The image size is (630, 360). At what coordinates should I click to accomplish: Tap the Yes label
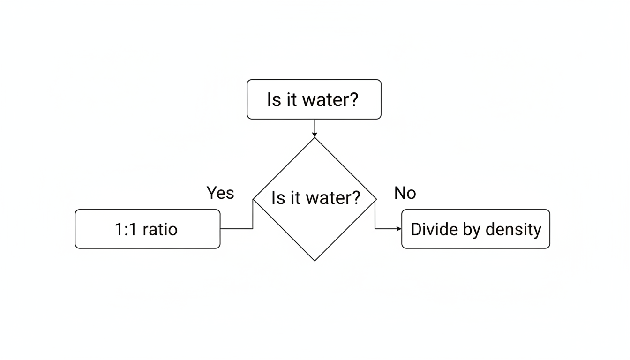[220, 193]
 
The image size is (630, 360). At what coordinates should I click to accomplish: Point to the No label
[405, 193]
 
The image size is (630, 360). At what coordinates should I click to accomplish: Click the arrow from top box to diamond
[315, 127]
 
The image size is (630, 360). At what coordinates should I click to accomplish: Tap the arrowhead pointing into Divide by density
[399, 229]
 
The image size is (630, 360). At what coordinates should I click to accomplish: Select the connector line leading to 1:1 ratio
[237, 229]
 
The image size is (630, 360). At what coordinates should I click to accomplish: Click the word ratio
[160, 229]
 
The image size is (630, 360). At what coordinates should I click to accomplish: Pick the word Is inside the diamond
[278, 198]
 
